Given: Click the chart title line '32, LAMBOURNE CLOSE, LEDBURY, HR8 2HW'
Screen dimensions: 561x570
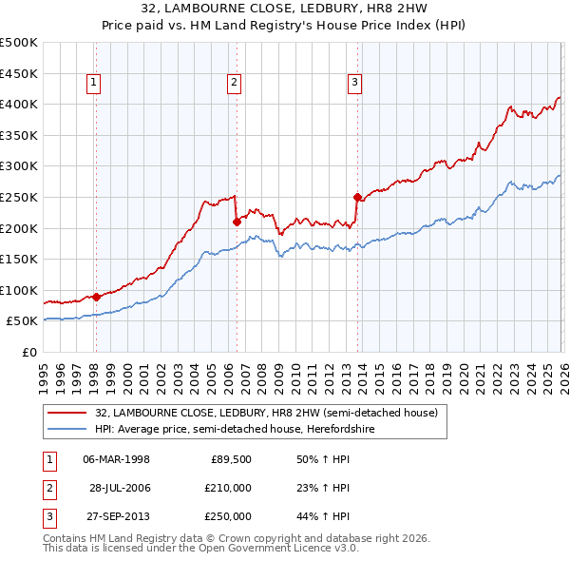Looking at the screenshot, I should tap(284, 8).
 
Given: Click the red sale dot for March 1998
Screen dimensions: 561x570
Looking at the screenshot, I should tap(96, 297).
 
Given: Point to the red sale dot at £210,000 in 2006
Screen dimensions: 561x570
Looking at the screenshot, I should tap(236, 222).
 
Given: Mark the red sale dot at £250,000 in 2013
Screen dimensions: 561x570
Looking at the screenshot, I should tap(357, 198).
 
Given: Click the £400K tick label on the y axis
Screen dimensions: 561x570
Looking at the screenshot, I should tap(19, 105).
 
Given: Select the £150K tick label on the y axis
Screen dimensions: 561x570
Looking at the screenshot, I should tap(19, 259).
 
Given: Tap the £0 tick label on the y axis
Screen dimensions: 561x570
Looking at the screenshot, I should tap(28, 352).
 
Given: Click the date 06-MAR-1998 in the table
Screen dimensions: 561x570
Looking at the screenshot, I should tap(117, 459).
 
